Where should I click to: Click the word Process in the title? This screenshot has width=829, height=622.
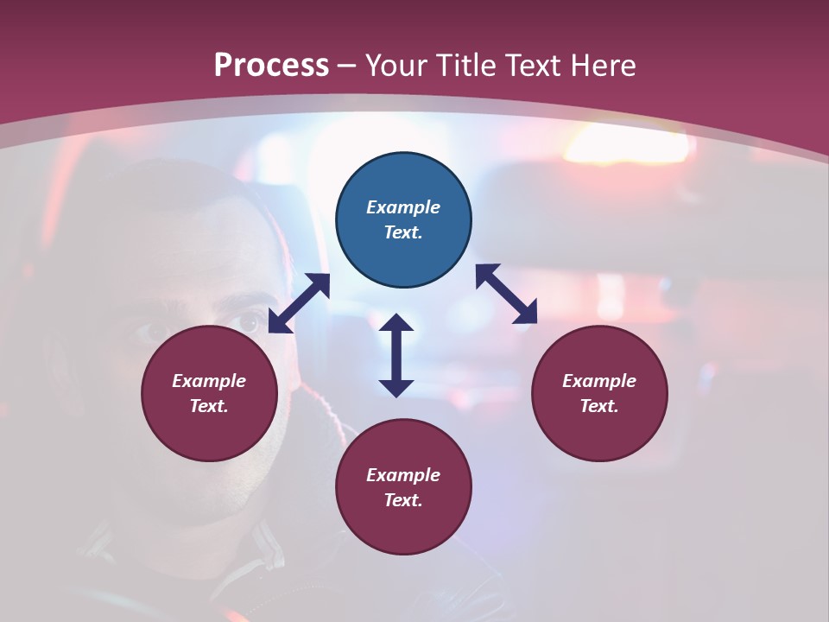click(x=271, y=66)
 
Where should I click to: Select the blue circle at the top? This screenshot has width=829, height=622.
click(x=403, y=220)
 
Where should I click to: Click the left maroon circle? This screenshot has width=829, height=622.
click(x=209, y=394)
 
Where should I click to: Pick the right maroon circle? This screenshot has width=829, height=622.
click(x=599, y=394)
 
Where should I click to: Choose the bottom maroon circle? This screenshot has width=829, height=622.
click(x=403, y=487)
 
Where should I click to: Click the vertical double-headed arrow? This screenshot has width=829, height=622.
click(x=396, y=355)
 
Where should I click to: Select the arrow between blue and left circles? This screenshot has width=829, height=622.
click(x=299, y=303)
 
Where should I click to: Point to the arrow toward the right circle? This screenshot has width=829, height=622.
click(x=506, y=294)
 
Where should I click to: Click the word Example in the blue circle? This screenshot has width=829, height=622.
click(x=403, y=207)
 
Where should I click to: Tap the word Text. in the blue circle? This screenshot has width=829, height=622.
click(x=403, y=233)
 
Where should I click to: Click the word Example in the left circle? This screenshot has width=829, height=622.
click(x=209, y=381)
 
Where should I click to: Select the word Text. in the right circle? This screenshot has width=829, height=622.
click(x=599, y=406)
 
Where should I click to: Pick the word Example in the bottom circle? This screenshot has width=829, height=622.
click(x=403, y=475)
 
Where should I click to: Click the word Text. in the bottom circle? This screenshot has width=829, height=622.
click(x=403, y=500)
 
